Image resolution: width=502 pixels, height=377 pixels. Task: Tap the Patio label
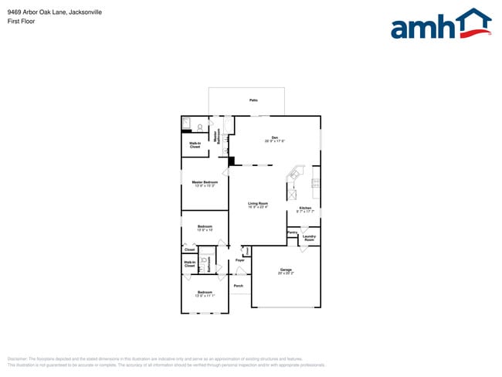[253, 100]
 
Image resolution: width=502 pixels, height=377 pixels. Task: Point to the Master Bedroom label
[205, 183]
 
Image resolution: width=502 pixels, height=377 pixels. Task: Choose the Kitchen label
[305, 209]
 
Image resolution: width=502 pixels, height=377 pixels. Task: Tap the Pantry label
[292, 233]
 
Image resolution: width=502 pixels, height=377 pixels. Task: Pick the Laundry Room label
[309, 238]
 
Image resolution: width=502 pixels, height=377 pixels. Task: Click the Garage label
[286, 271]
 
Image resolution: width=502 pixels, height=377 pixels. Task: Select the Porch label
[239, 286]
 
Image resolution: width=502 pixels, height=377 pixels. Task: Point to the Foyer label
[240, 260]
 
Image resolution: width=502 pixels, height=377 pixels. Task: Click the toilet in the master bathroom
[200, 127]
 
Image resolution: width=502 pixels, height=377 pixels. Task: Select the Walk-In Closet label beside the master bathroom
[195, 144]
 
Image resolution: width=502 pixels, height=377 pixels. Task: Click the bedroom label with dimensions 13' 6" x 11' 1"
[205, 294]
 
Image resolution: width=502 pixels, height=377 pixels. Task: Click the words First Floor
[20, 22]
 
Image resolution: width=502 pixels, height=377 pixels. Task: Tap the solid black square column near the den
[232, 161]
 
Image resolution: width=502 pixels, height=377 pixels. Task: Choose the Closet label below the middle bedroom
[189, 250]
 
